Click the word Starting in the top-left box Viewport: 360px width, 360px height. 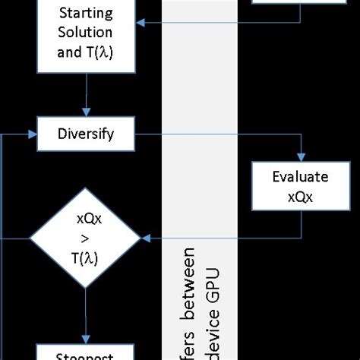tap(86, 14)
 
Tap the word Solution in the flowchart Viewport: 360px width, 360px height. tap(86, 32)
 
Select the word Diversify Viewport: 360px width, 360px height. tap(86, 134)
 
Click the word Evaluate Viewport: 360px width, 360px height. tap(300, 177)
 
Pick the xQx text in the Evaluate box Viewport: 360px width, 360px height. tap(300, 194)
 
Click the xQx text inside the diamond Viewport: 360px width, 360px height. tap(86, 219)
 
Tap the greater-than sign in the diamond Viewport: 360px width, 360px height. tap(86, 238)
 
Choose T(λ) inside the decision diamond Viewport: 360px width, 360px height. tap(86, 257)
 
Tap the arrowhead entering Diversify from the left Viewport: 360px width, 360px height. tap(33, 134)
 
